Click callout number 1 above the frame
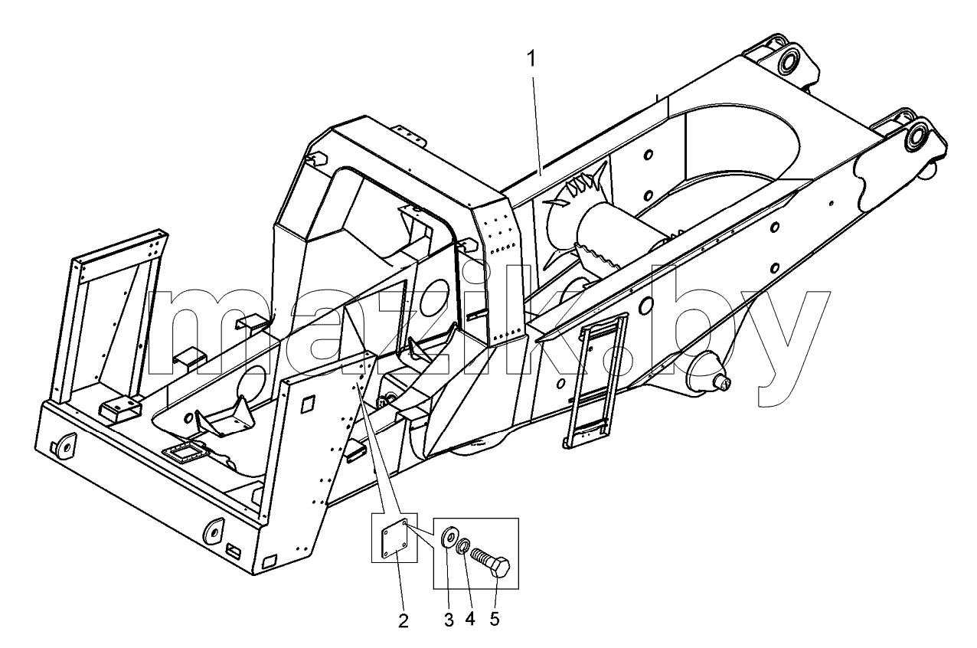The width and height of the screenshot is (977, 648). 531,59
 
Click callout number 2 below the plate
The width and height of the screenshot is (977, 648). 404,621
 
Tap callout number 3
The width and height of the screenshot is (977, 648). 449,619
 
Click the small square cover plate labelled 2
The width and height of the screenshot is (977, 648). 395,538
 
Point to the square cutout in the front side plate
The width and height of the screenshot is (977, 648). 309,403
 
